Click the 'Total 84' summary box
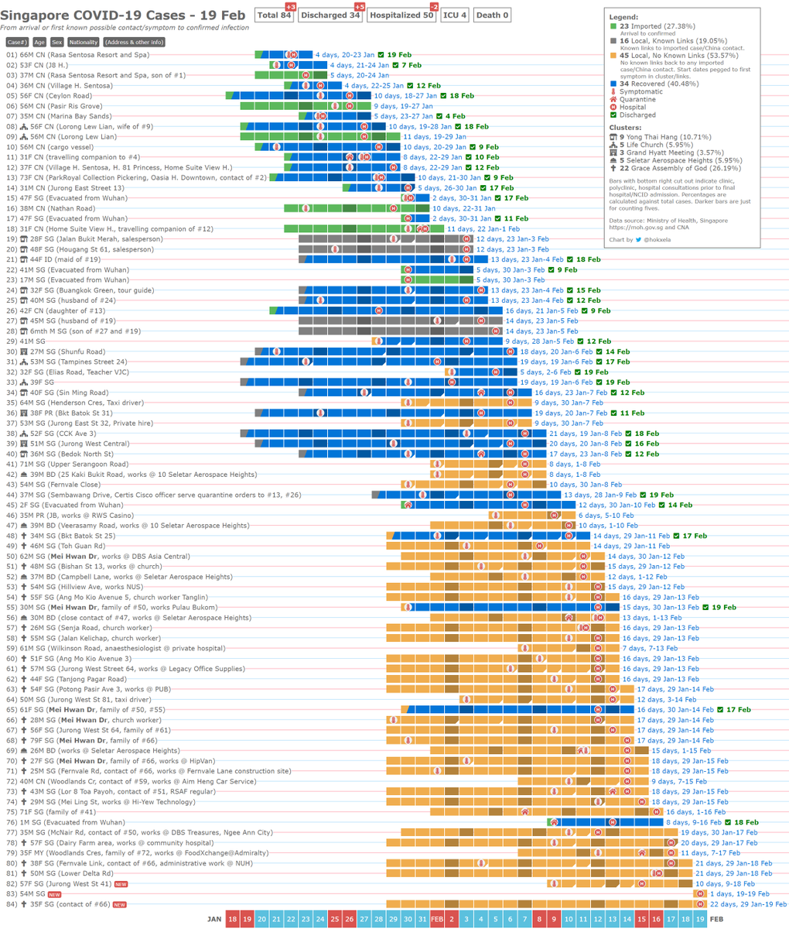275,15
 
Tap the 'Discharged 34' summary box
331,15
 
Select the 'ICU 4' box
454,15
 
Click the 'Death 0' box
492,15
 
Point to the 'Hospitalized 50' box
401,15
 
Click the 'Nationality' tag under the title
83,42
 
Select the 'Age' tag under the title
39,42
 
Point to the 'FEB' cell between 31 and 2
436,918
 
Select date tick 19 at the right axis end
699,918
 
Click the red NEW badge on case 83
54,893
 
